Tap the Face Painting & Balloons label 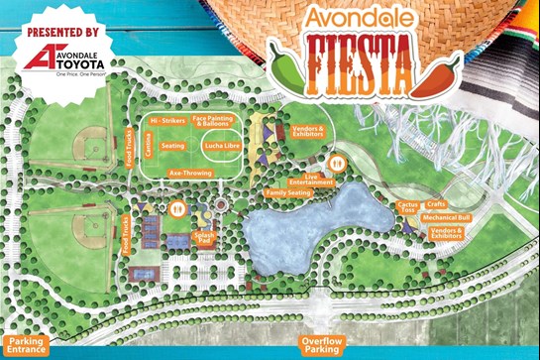pyautogui.click(x=213, y=120)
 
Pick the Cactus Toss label pyautogui.click(x=406, y=207)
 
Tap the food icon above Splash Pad pyautogui.click(x=179, y=209)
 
